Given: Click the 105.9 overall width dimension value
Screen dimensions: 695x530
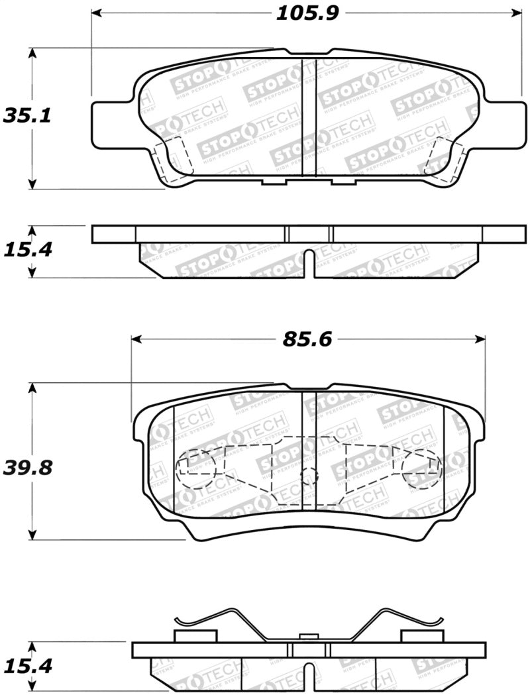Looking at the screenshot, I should [303, 13].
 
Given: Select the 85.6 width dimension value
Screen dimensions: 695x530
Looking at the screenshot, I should [307, 340].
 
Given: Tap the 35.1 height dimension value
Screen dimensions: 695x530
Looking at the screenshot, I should [28, 117].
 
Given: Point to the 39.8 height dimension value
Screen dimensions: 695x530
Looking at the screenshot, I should [28, 468].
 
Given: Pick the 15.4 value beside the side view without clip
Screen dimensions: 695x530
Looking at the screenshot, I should [28, 250].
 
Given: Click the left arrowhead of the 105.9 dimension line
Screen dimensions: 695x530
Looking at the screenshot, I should [97, 13].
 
